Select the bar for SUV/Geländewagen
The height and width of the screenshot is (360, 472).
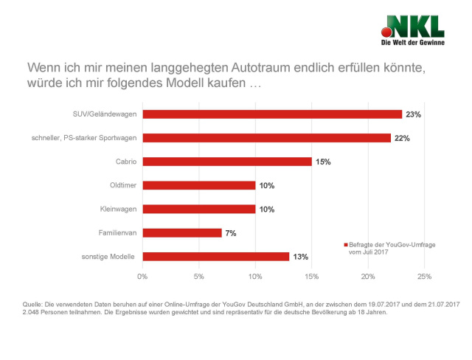[272, 114]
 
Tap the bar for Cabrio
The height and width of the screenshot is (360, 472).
[227, 162]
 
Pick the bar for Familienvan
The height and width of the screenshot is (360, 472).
[182, 232]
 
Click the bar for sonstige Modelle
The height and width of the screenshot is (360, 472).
[216, 256]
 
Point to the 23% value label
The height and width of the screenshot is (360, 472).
[413, 114]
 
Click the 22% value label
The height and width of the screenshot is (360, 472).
[402, 138]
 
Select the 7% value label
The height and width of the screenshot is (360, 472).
[231, 232]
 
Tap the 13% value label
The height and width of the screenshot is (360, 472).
[299, 256]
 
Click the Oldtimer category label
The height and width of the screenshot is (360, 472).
[122, 185]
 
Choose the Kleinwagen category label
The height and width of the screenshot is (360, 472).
[118, 209]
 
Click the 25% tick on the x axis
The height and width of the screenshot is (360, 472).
[424, 277]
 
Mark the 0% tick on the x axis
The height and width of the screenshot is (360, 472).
[142, 277]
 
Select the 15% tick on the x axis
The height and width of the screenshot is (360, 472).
[311, 277]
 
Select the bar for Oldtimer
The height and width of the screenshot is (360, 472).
[199, 185]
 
